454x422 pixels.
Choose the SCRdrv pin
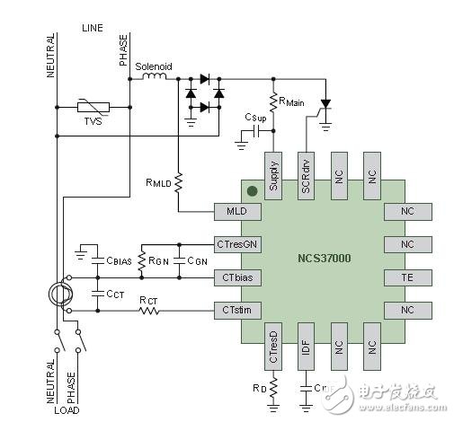(x=307, y=168)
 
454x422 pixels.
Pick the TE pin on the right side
(x=407, y=277)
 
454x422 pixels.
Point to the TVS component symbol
(x=93, y=108)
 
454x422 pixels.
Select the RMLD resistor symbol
(x=180, y=181)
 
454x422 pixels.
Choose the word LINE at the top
(x=93, y=29)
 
